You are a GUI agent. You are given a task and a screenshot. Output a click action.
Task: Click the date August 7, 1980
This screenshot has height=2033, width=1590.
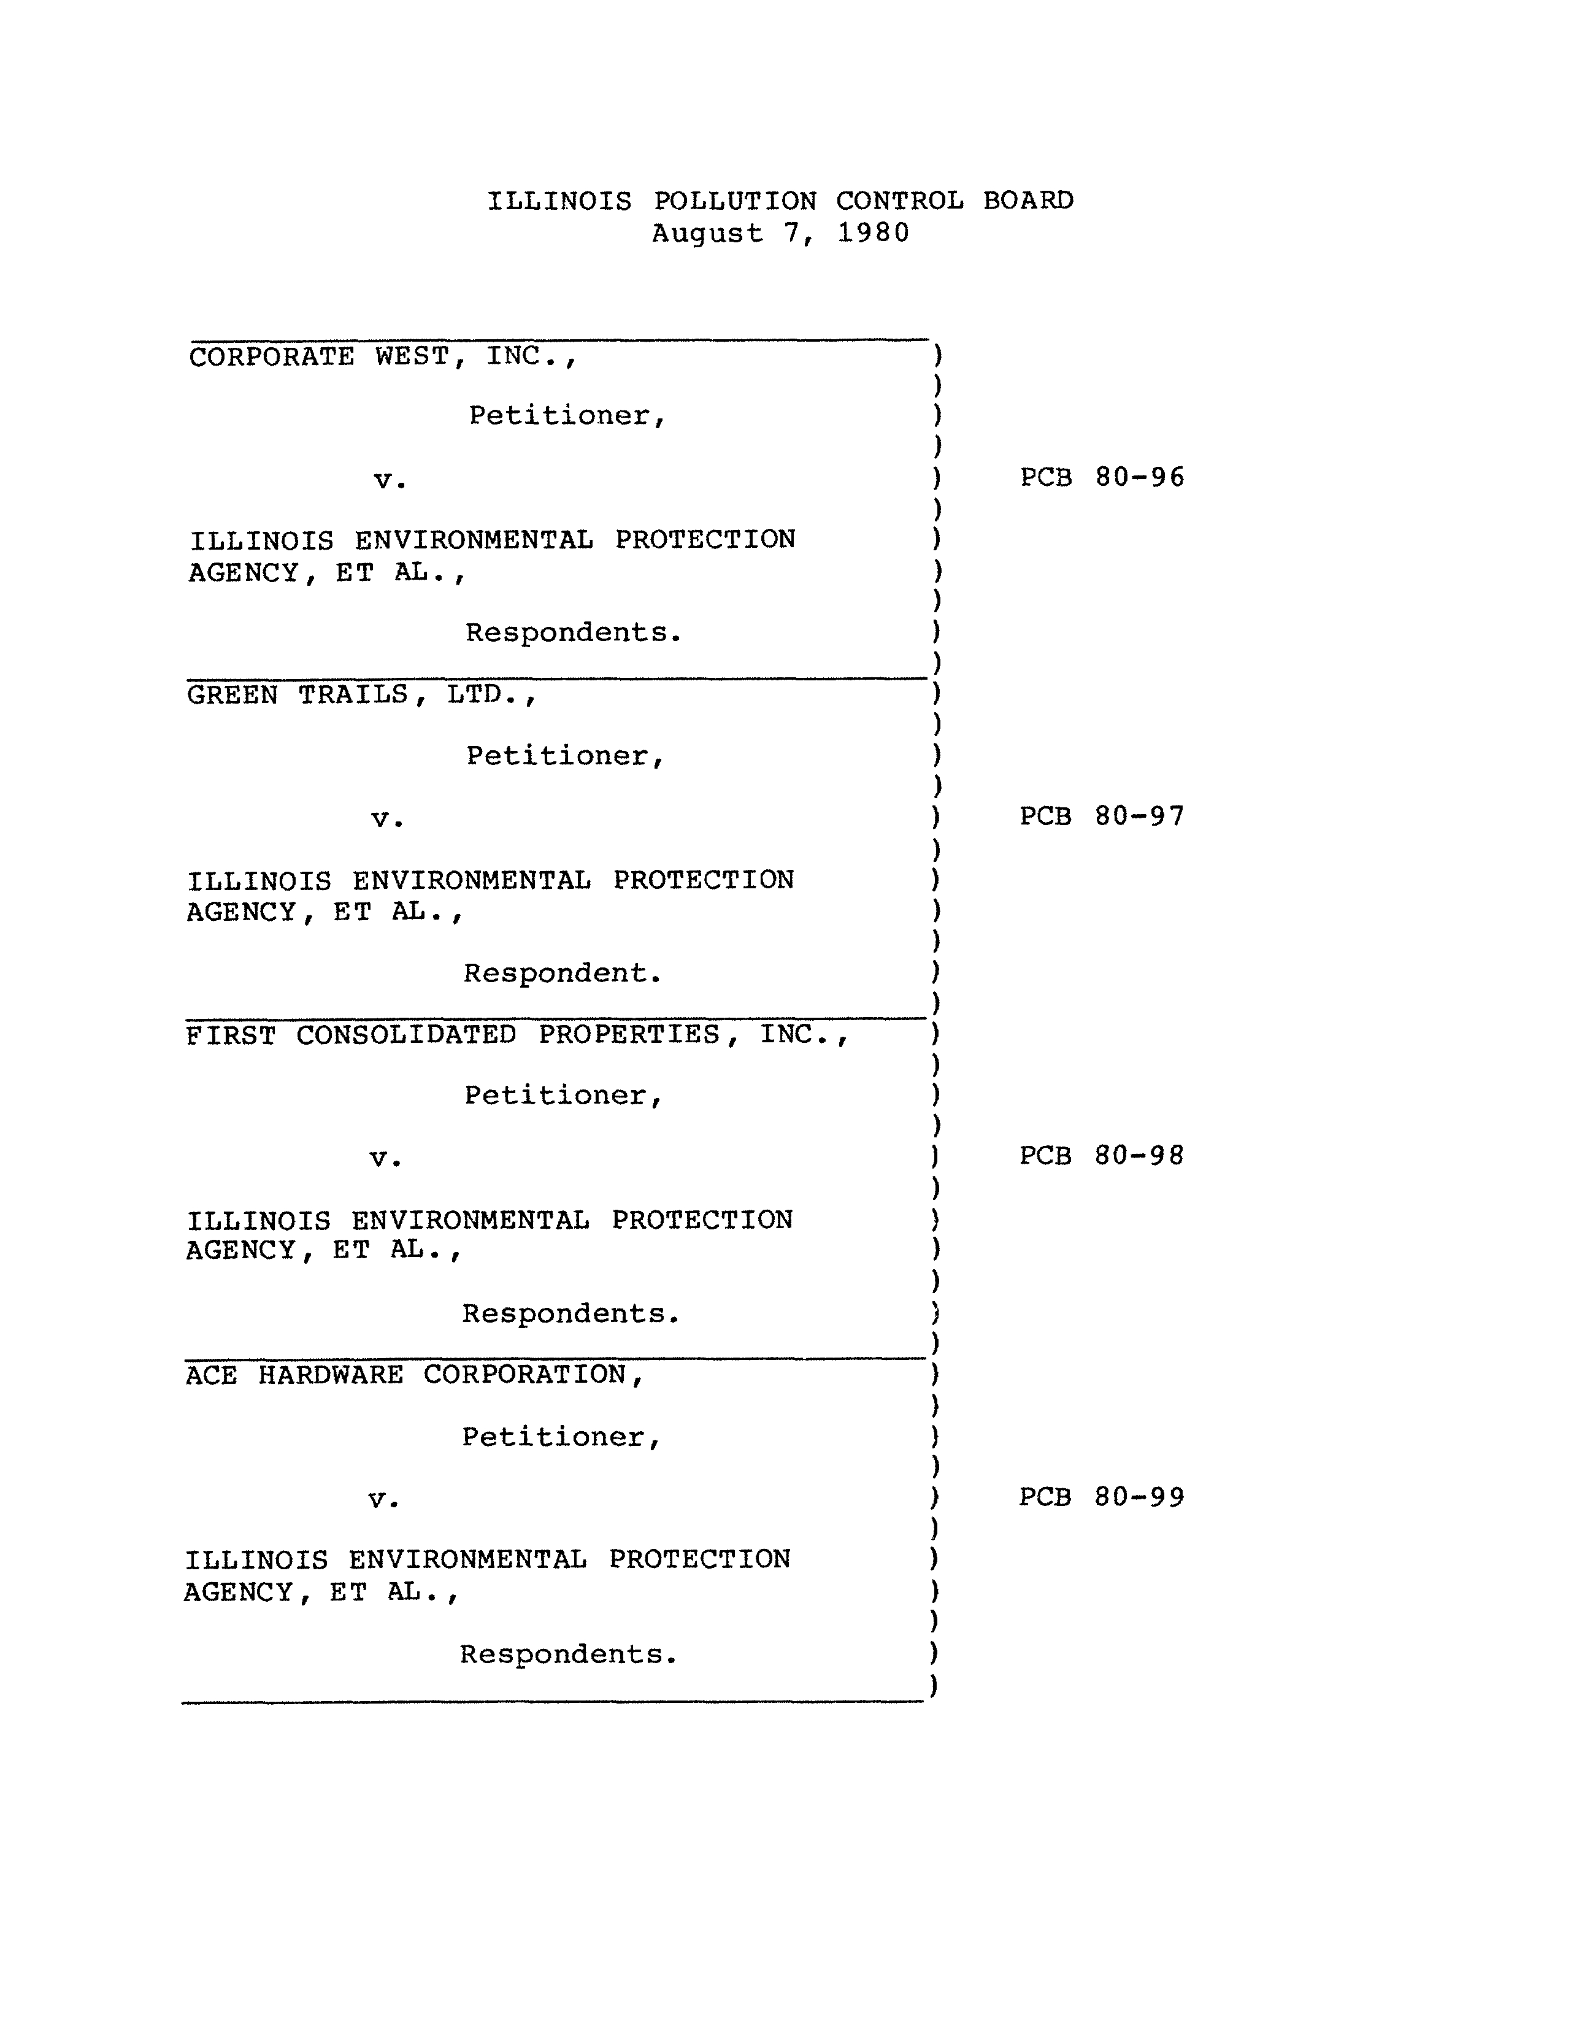(x=780, y=233)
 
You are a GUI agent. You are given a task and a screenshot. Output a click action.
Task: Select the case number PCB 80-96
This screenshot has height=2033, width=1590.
(x=1102, y=477)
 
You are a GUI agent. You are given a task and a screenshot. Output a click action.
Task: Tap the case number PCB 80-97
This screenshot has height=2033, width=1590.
(x=1102, y=817)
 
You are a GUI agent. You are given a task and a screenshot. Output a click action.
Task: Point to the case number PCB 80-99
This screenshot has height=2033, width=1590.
(x=1101, y=1497)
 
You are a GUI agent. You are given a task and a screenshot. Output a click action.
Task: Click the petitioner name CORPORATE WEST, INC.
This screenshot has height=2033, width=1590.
(x=383, y=356)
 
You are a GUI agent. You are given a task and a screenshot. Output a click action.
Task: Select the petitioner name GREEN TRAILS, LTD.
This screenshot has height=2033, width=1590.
(x=362, y=695)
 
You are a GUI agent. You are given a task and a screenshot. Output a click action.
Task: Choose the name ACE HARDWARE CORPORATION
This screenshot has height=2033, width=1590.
(x=414, y=1375)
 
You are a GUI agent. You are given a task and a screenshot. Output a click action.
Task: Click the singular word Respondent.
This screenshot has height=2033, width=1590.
(x=563, y=974)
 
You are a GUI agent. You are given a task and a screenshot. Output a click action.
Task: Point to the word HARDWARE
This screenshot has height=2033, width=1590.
(x=331, y=1375)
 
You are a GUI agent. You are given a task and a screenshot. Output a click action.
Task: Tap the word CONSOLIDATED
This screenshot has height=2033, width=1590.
(x=406, y=1035)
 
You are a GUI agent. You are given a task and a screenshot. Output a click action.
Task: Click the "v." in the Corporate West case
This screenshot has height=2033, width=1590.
(x=390, y=481)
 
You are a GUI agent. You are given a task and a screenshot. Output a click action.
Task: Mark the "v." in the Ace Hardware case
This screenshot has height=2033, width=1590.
(x=383, y=1500)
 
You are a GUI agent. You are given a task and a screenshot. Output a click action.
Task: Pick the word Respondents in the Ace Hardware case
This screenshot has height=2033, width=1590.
(x=568, y=1654)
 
